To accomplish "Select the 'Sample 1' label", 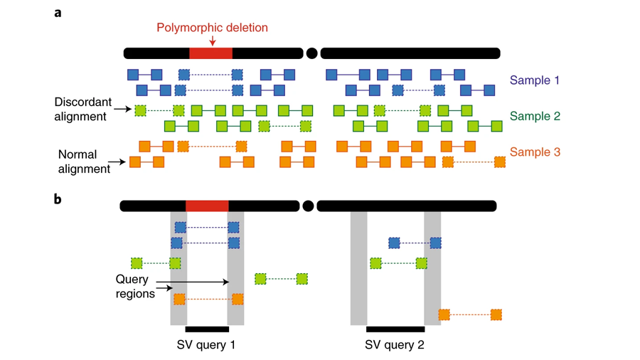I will coord(535,80).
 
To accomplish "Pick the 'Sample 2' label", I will coord(535,116).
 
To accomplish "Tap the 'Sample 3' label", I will coord(535,152).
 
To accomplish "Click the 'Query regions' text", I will coord(134,286).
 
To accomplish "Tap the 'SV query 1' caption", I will coord(206,345).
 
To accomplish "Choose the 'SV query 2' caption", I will coord(395,345).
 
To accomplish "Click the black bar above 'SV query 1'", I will coord(207,329).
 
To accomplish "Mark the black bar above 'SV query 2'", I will coord(395,329).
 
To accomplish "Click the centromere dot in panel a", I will coord(311,53).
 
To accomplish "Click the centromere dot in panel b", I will coord(308,206).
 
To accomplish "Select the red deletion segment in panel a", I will coord(210,53).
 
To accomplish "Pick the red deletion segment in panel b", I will coord(207,206).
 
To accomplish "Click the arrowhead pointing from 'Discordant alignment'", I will coord(129,109).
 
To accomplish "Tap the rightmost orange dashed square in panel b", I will coord(496,314).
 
